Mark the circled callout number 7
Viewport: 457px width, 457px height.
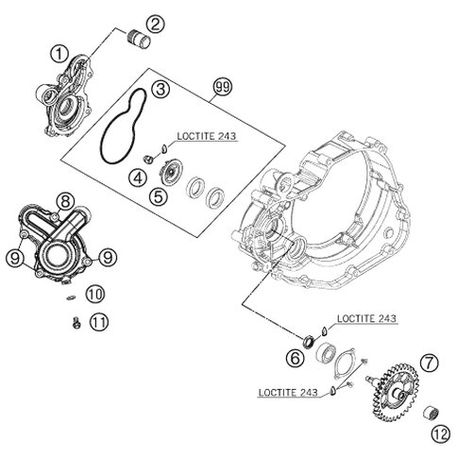pyautogui.click(x=404, y=362)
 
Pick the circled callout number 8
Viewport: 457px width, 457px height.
pyautogui.click(x=65, y=199)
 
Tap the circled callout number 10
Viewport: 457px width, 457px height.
pyautogui.click(x=93, y=296)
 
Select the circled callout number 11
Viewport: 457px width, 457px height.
pyautogui.click(x=98, y=323)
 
